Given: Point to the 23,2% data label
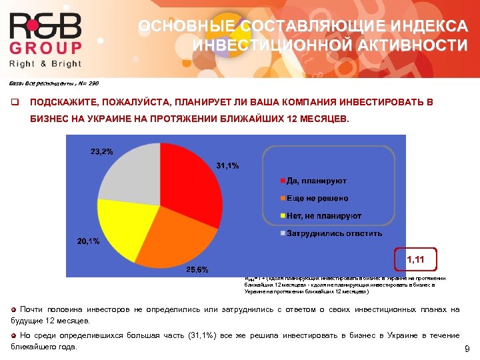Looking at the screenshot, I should click(x=101, y=151).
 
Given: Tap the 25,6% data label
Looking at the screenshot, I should click(x=197, y=270).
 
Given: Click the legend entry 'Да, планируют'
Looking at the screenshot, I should click(x=316, y=181).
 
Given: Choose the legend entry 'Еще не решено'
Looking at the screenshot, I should click(x=317, y=199).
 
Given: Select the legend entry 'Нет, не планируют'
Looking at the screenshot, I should click(x=324, y=216).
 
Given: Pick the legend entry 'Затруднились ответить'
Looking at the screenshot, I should click(x=334, y=233).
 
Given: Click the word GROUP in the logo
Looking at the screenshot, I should click(x=45, y=49).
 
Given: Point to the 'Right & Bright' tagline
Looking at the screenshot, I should click(x=45, y=64).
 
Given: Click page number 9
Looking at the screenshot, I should click(x=467, y=349).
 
